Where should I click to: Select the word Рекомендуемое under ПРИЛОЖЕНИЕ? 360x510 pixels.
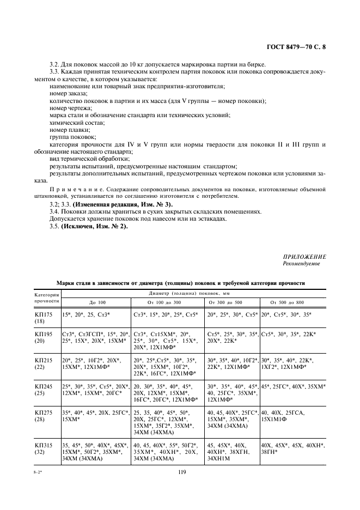click(x=301, y=264)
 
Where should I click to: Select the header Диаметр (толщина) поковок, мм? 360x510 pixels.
click(x=196, y=293)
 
